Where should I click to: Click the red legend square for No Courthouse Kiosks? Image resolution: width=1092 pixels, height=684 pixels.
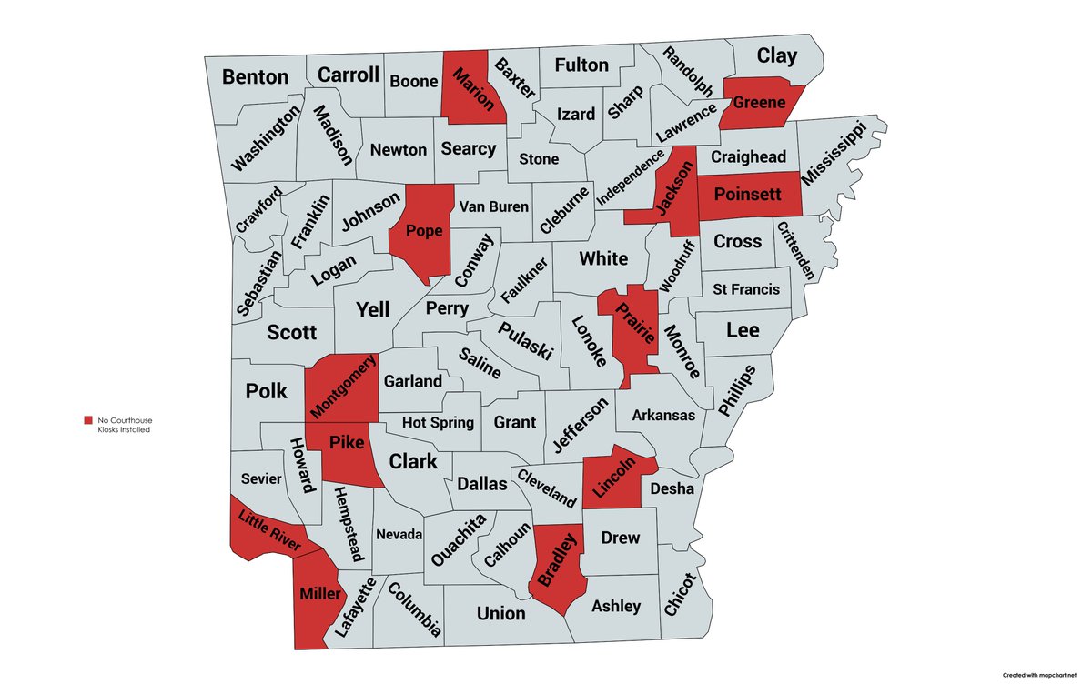click(x=87, y=420)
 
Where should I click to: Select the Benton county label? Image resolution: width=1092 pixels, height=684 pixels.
click(x=255, y=77)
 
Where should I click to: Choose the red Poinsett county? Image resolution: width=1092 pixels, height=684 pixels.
click(x=749, y=195)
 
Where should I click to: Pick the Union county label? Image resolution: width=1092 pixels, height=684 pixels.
click(x=500, y=613)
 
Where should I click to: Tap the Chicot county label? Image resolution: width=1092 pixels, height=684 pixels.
click(x=679, y=596)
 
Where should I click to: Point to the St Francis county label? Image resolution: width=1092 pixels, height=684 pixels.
click(x=745, y=289)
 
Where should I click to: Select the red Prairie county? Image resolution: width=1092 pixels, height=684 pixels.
click(x=635, y=332)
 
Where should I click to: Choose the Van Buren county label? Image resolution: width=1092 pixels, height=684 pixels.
click(x=493, y=206)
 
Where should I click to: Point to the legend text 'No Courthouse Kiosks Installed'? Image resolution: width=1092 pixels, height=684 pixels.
click(x=124, y=425)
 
